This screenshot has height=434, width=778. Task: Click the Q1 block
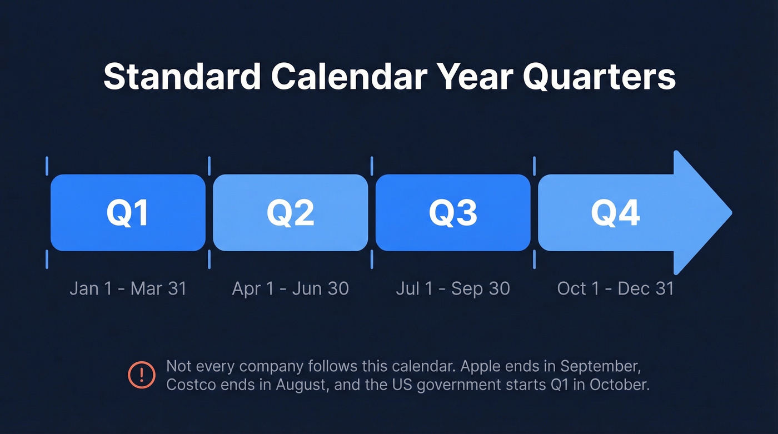(128, 213)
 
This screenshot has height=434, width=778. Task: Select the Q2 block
(290, 213)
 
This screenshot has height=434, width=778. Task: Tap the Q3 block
(452, 213)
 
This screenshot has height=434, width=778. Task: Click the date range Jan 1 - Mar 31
(128, 288)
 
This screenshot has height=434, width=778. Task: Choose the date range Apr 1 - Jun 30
(290, 288)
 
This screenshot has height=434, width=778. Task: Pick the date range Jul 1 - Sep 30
(452, 288)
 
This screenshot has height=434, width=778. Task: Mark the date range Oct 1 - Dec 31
(615, 288)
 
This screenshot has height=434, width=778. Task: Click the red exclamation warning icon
(141, 375)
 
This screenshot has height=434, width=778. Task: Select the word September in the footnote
(603, 367)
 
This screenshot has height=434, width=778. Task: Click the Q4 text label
(615, 213)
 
